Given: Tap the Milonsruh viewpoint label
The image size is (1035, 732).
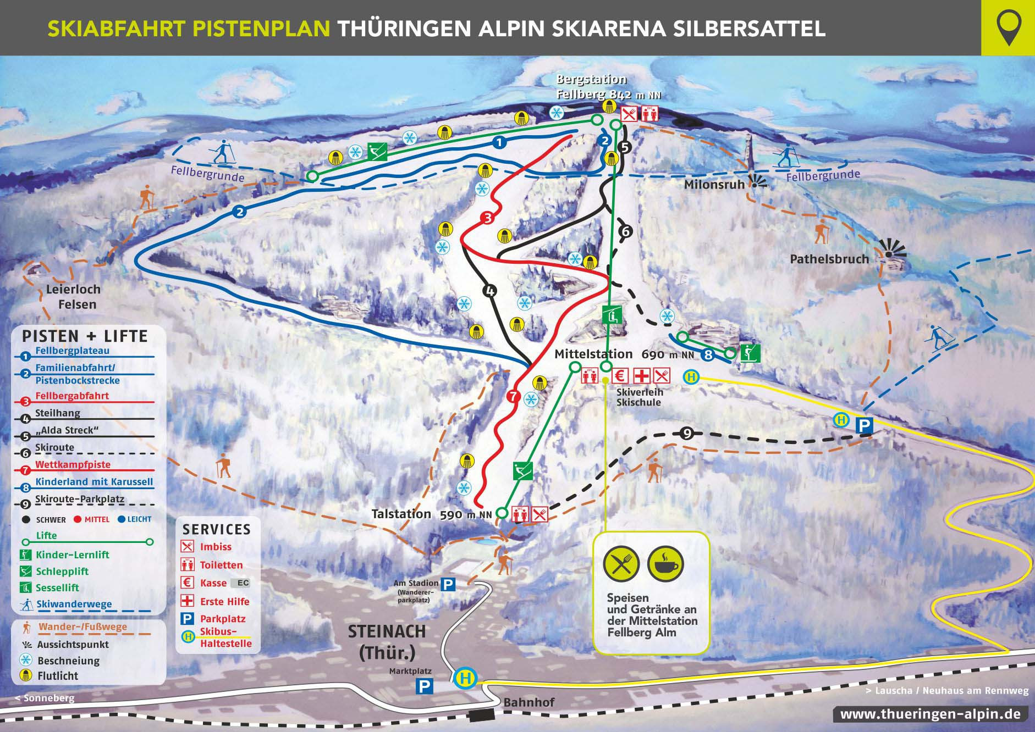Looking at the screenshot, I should click(x=714, y=185).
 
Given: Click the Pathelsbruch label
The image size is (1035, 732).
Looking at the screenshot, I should click(x=829, y=259).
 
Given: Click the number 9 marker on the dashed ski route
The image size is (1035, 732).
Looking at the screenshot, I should click(x=686, y=434).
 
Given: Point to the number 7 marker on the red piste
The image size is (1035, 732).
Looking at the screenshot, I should click(x=514, y=396).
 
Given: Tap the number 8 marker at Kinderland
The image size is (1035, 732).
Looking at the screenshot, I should click(x=708, y=356).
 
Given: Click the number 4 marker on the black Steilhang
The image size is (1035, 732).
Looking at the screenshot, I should click(x=489, y=291).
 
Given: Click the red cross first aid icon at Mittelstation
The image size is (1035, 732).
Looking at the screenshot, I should click(x=641, y=376).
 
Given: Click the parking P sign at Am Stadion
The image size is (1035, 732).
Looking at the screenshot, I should click(x=449, y=585).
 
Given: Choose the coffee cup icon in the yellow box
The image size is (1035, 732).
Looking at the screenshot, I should click(x=665, y=564).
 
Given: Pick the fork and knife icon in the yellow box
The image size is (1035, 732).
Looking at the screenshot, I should click(x=621, y=564).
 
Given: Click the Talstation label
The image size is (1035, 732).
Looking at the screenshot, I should click(x=401, y=514).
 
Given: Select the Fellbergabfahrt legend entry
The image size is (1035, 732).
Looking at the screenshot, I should click(x=72, y=396).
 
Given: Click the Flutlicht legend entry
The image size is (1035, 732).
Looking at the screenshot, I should click(x=58, y=676).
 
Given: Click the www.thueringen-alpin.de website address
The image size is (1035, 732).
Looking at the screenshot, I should click(x=931, y=714).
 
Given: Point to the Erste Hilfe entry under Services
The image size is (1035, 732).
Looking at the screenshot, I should click(x=224, y=601).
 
